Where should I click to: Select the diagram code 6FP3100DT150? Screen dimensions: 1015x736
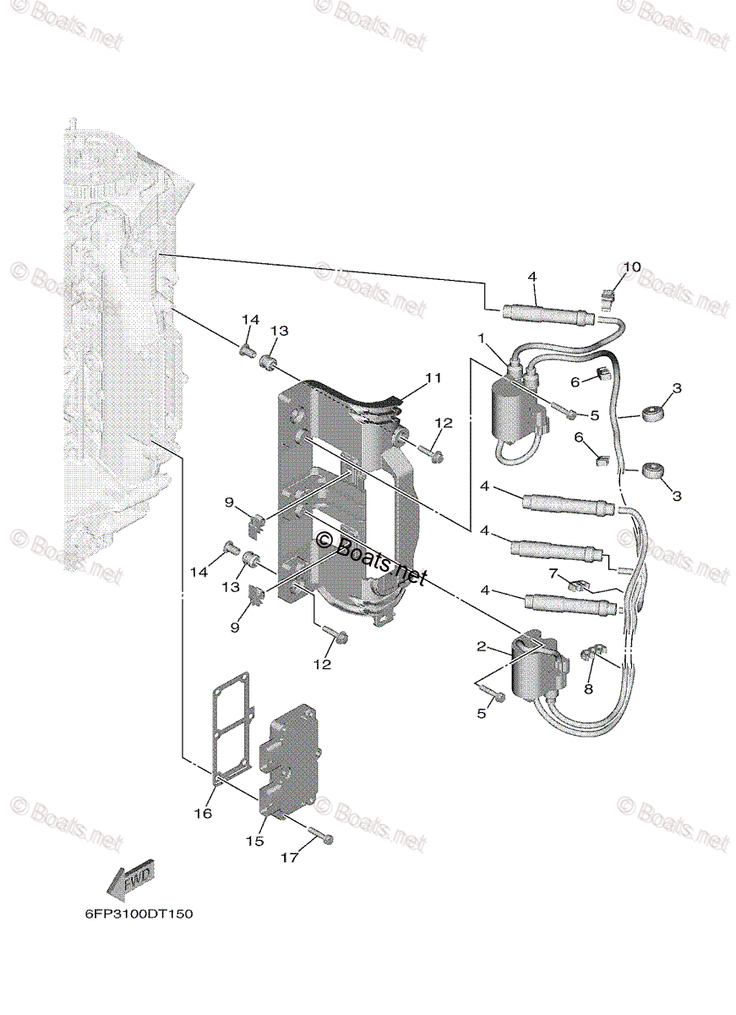pyautogui.click(x=133, y=914)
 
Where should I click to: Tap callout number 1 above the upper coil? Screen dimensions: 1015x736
pyautogui.click(x=481, y=338)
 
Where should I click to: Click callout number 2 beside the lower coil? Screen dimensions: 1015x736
pyautogui.click(x=482, y=647)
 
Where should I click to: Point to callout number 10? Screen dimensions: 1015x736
pyautogui.click(x=633, y=268)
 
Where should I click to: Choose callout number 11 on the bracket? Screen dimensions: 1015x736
pyautogui.click(x=433, y=378)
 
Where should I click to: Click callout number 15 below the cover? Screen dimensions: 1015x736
pyautogui.click(x=254, y=841)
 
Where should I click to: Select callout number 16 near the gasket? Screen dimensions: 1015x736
pyautogui.click(x=202, y=813)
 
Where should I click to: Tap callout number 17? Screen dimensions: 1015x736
pyautogui.click(x=289, y=858)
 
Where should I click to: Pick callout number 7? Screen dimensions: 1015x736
pyautogui.click(x=553, y=574)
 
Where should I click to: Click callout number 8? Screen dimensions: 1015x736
pyautogui.click(x=589, y=689)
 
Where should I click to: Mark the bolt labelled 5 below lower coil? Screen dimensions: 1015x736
pyautogui.click(x=496, y=695)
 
